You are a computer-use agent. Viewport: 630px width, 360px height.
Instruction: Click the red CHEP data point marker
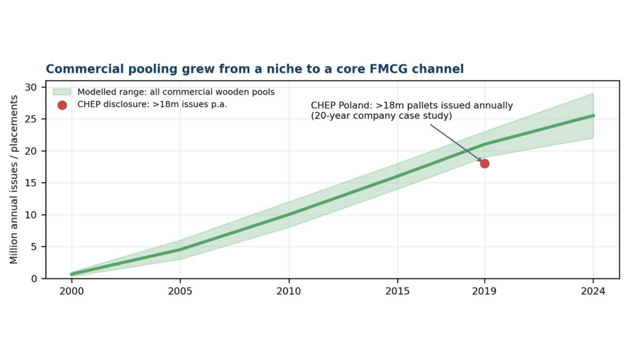485,164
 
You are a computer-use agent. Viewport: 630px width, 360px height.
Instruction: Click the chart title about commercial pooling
255,69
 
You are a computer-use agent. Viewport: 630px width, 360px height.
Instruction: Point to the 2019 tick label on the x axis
484,291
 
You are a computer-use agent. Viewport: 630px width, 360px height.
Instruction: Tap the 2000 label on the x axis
71,291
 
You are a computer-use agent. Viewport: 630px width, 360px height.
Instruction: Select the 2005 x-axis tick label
180,291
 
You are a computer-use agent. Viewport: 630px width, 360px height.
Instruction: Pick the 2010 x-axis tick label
289,291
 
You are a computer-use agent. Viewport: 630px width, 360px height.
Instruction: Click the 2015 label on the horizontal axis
397,291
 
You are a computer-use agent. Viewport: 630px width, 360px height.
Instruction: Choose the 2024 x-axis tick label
593,291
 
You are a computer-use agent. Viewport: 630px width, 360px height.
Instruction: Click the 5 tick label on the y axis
33,247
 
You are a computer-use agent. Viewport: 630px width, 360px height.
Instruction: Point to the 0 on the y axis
33,278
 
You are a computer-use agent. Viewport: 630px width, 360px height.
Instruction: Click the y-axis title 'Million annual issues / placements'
14,180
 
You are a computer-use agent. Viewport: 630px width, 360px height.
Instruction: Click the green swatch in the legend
62,92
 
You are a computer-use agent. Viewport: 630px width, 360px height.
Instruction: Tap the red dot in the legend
62,105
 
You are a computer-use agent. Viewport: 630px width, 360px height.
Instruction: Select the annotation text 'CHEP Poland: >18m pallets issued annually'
412,105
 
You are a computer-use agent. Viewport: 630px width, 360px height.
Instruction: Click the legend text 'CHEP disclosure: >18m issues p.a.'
153,105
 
